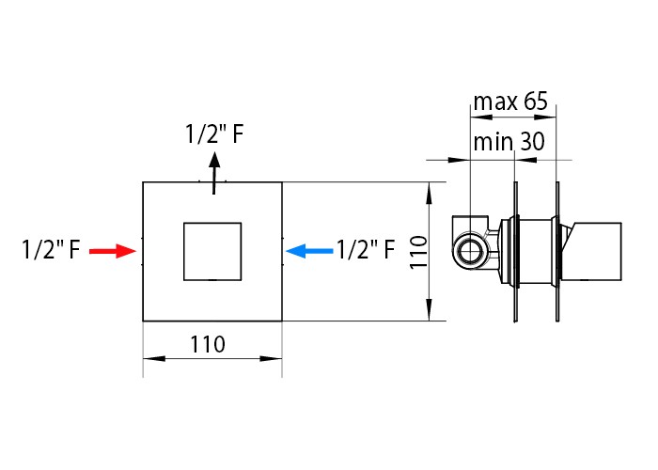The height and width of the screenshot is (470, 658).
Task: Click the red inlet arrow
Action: (113, 251)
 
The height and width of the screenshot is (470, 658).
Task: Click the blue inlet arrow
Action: (309, 251)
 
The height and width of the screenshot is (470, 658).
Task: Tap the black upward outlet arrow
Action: (214, 173)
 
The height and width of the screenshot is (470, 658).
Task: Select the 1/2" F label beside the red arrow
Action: (51, 249)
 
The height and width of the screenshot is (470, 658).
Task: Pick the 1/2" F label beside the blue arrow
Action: (366, 249)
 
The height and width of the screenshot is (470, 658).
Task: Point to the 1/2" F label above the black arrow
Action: (214, 134)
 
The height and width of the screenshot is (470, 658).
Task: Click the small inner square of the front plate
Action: (212, 251)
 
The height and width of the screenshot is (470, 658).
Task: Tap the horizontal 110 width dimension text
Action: (208, 345)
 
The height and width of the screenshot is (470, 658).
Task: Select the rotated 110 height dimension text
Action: (418, 252)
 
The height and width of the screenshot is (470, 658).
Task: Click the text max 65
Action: (510, 102)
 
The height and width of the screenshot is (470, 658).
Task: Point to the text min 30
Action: (509, 141)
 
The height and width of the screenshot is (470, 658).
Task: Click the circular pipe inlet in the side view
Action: (470, 251)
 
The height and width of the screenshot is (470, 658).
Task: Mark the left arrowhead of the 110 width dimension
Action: (154, 359)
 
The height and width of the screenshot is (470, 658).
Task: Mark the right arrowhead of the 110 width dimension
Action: (271, 359)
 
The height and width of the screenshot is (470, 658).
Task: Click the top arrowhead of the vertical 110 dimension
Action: (429, 194)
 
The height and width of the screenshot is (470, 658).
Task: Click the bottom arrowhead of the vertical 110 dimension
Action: (429, 310)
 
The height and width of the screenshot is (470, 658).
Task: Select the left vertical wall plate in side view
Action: (516, 252)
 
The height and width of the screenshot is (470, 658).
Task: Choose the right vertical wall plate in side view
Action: (557, 252)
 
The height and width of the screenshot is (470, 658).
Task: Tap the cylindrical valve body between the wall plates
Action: (536, 251)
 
